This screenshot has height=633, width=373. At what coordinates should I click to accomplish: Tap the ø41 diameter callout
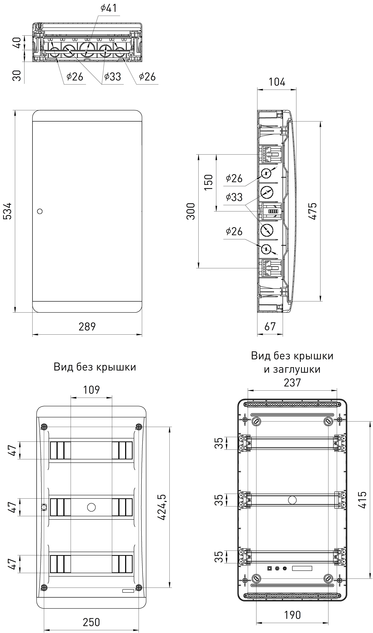[x=109, y=8]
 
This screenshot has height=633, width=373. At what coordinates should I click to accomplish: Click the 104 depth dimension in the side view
[x=277, y=82]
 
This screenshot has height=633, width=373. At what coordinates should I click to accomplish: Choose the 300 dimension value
[x=191, y=211]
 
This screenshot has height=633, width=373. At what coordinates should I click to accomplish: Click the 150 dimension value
[x=209, y=183]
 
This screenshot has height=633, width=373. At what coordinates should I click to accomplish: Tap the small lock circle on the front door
[x=40, y=211]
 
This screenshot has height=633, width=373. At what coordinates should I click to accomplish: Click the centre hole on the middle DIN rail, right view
[x=292, y=500]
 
